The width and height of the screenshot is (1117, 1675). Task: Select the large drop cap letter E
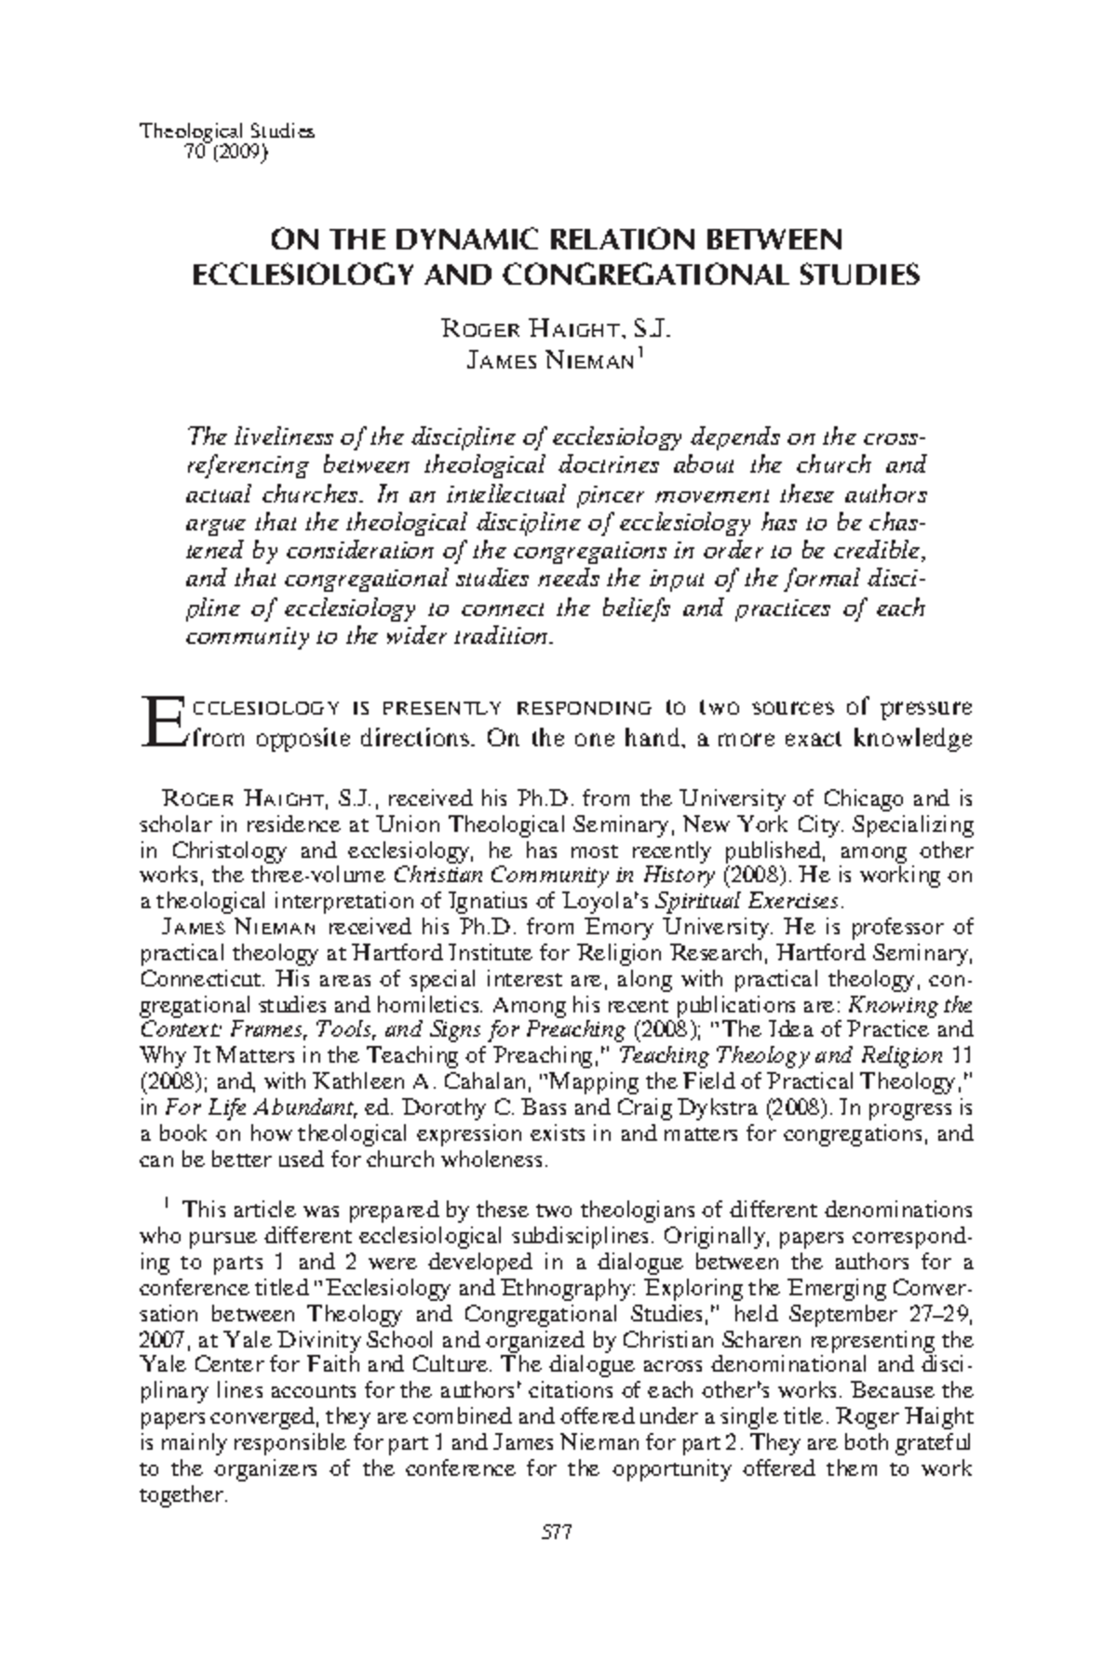tap(160, 723)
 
